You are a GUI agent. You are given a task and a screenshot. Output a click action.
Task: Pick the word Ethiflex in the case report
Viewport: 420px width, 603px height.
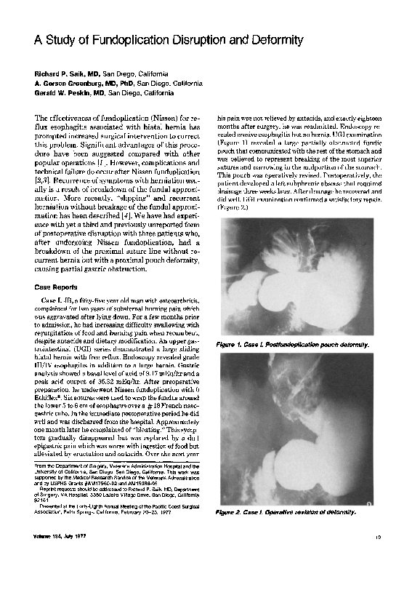(x=47, y=399)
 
